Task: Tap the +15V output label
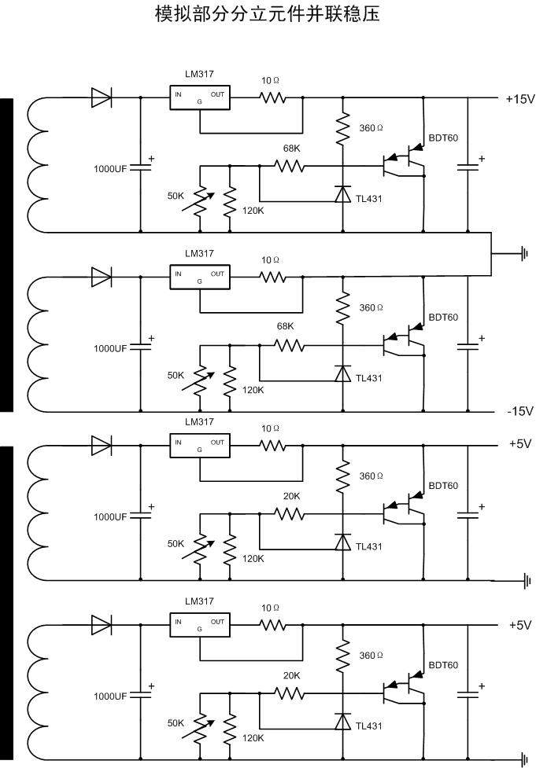coord(519,99)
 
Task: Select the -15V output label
coord(519,411)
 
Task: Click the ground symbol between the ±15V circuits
coord(523,253)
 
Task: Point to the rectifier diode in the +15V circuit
coord(101,97)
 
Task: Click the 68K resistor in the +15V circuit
coord(289,166)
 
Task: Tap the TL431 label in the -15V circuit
coord(368,378)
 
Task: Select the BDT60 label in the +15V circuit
coord(442,138)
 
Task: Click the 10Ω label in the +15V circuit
coord(271,80)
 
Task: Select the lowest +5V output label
coord(520,626)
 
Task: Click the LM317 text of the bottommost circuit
coord(199,601)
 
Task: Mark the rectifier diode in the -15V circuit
coord(101,277)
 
